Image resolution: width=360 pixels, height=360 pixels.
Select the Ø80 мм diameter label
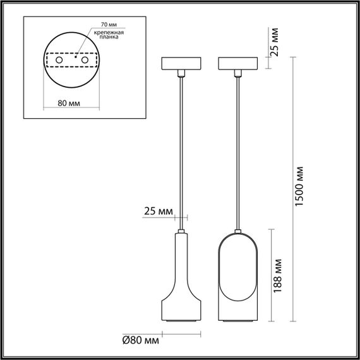pyautogui.click(x=140, y=340)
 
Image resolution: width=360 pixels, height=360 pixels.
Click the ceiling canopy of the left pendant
pyautogui.click(x=181, y=64)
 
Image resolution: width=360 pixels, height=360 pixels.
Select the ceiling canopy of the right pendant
pyautogui.click(x=237, y=64)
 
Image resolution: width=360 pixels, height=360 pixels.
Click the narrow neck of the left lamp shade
pyautogui.click(x=181, y=253)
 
